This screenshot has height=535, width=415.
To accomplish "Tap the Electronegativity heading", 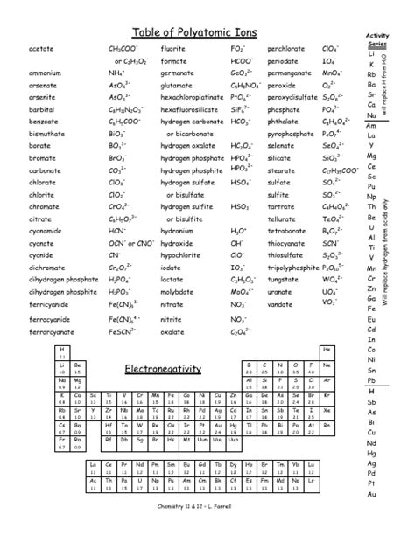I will (x=163, y=368).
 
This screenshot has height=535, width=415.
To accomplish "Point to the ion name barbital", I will (x=43, y=111).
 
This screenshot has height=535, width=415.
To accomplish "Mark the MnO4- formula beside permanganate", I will (x=334, y=74).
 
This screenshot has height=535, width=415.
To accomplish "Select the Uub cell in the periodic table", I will (x=231, y=441).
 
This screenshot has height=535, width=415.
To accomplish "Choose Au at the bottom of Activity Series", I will (x=372, y=495).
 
